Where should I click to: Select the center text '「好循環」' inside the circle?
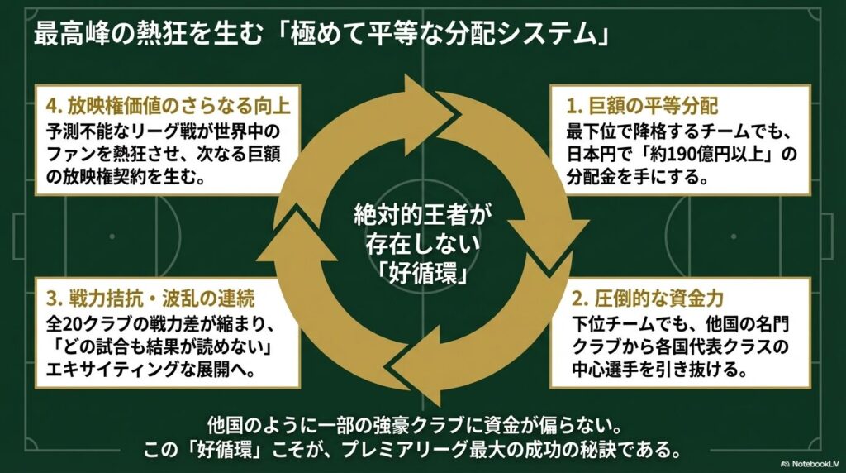point(422,274)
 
